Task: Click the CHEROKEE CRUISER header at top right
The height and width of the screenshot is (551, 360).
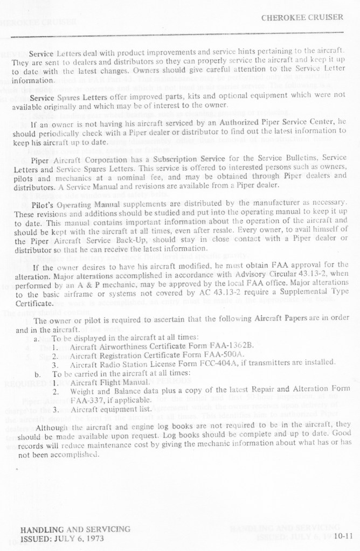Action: (x=302, y=17)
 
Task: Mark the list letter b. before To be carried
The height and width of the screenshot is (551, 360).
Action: (x=36, y=372)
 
